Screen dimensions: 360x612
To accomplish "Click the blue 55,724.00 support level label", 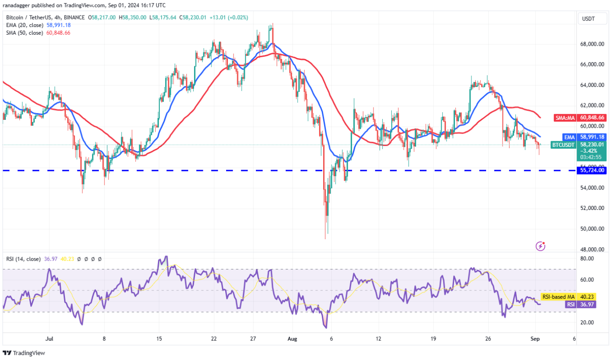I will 592,170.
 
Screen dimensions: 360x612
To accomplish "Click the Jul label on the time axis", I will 50,339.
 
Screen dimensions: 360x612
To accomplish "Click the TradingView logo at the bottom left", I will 24,353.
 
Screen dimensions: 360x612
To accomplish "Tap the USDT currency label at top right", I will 588,19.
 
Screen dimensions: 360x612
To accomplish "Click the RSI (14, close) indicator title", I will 23,259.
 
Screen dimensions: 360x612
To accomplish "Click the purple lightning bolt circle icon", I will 540,246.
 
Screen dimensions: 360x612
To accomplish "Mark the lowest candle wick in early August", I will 325,238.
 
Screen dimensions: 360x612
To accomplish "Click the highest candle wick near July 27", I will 272,24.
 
